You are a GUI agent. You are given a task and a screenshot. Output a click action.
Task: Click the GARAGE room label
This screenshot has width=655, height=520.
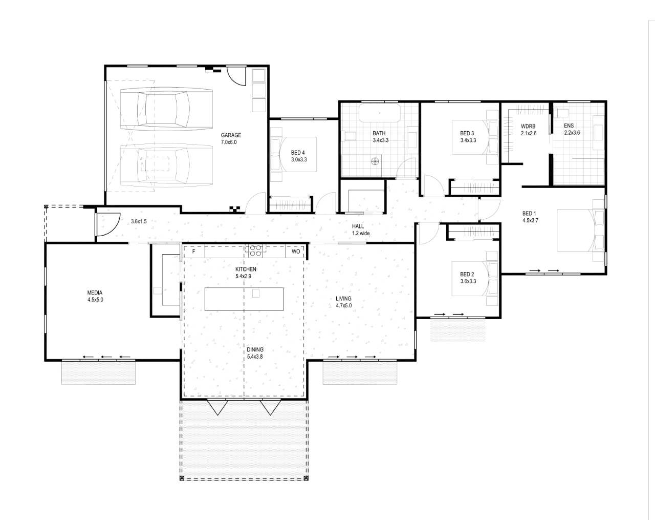[231, 135]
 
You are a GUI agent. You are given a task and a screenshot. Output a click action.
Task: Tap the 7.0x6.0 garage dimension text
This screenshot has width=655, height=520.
[229, 142]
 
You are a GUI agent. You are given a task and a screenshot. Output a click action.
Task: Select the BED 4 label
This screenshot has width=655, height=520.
[298, 152]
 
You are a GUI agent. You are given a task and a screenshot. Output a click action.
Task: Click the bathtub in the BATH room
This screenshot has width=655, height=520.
[380, 113]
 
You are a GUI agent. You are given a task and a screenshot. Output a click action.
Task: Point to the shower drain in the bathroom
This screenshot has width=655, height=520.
[376, 161]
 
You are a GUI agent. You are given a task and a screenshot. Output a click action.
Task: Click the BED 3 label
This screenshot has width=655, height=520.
[467, 133]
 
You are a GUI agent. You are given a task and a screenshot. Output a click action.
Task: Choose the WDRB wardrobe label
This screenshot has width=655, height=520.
[528, 126]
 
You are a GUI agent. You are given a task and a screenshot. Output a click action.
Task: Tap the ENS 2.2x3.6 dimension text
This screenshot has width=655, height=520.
[572, 133]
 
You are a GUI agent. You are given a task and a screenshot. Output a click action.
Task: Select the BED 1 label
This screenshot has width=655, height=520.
[529, 213]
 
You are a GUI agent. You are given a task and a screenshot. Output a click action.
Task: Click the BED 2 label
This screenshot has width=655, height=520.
[467, 274]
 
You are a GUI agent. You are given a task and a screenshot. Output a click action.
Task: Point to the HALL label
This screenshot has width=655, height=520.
[358, 226]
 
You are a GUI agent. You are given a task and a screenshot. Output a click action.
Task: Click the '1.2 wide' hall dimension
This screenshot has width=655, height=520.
[361, 233]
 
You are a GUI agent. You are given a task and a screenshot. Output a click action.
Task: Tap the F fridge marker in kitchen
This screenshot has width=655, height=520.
[193, 252]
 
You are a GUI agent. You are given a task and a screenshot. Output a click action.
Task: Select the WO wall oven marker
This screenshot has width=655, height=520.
[296, 252]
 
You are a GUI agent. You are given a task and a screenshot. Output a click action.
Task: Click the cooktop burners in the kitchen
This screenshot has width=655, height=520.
[256, 250]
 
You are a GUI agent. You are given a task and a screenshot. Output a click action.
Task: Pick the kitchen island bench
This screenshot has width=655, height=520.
[244, 299]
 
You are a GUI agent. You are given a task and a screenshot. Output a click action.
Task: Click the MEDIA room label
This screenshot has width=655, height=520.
[95, 293]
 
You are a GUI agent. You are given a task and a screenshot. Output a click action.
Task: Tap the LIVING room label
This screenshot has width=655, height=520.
[343, 298]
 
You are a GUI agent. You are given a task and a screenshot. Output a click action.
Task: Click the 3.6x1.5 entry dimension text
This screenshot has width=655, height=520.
[139, 221]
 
